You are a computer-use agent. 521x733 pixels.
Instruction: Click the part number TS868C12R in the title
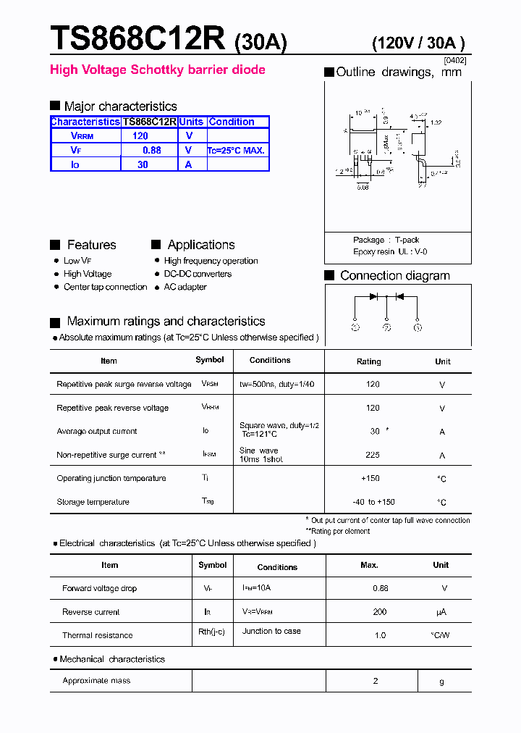[x=137, y=38]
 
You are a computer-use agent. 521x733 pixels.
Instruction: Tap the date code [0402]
[x=455, y=61]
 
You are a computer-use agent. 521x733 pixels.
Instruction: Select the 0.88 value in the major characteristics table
[x=151, y=151]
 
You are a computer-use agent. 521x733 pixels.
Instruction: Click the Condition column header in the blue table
[x=232, y=122]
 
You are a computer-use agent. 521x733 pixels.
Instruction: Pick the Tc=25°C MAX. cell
[x=237, y=151]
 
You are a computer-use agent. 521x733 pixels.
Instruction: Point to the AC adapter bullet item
[x=185, y=287]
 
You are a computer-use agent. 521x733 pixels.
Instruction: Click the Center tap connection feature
[x=105, y=287]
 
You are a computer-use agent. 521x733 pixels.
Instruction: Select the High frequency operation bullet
[x=211, y=261]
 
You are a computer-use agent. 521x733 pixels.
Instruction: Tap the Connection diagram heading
[x=394, y=276]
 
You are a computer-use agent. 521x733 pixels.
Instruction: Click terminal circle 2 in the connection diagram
[x=386, y=327]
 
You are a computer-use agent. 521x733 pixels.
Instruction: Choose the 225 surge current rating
[x=373, y=456]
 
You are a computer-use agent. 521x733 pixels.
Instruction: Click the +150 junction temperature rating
[x=370, y=479]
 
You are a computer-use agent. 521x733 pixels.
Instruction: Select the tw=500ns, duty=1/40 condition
[x=277, y=384]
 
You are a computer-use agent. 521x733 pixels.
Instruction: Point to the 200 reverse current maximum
[x=380, y=612]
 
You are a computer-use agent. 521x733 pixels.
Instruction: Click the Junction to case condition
[x=271, y=631]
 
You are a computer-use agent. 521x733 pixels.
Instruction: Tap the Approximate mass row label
[x=96, y=681]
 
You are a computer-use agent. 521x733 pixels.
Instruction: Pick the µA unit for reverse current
[x=441, y=612]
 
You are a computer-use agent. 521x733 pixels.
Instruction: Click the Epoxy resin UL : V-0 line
[x=390, y=251]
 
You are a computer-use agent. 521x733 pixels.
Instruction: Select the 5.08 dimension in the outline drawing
[x=363, y=186]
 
